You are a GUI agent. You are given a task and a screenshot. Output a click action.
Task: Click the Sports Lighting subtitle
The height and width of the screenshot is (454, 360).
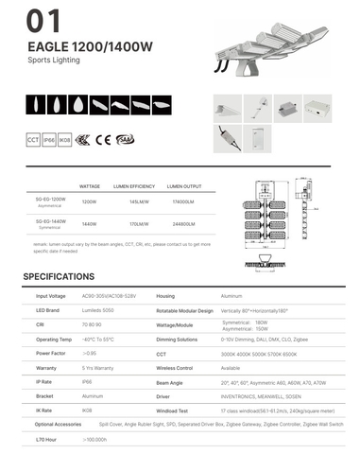[x=55, y=60]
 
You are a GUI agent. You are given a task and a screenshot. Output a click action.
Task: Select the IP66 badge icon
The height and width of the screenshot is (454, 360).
[x=48, y=140]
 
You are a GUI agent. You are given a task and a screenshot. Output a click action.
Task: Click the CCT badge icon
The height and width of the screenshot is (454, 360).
[x=33, y=140]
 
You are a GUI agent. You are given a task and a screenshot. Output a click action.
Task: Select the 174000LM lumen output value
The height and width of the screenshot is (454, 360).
[x=183, y=202]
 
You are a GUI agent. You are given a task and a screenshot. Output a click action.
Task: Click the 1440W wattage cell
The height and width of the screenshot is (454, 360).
[x=90, y=225]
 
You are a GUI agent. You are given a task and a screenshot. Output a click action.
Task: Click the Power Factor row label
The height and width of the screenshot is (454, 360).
[x=50, y=352]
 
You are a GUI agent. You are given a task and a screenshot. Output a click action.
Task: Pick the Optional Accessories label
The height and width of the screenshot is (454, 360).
[x=56, y=425]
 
